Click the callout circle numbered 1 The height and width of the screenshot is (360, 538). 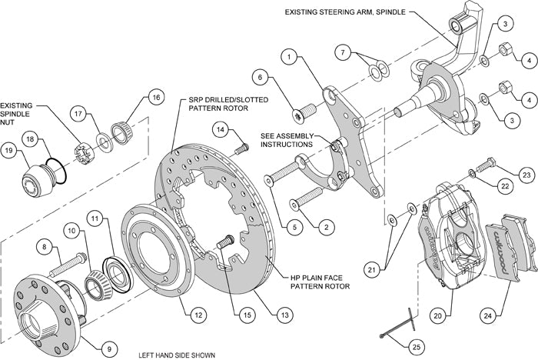(289, 56)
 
